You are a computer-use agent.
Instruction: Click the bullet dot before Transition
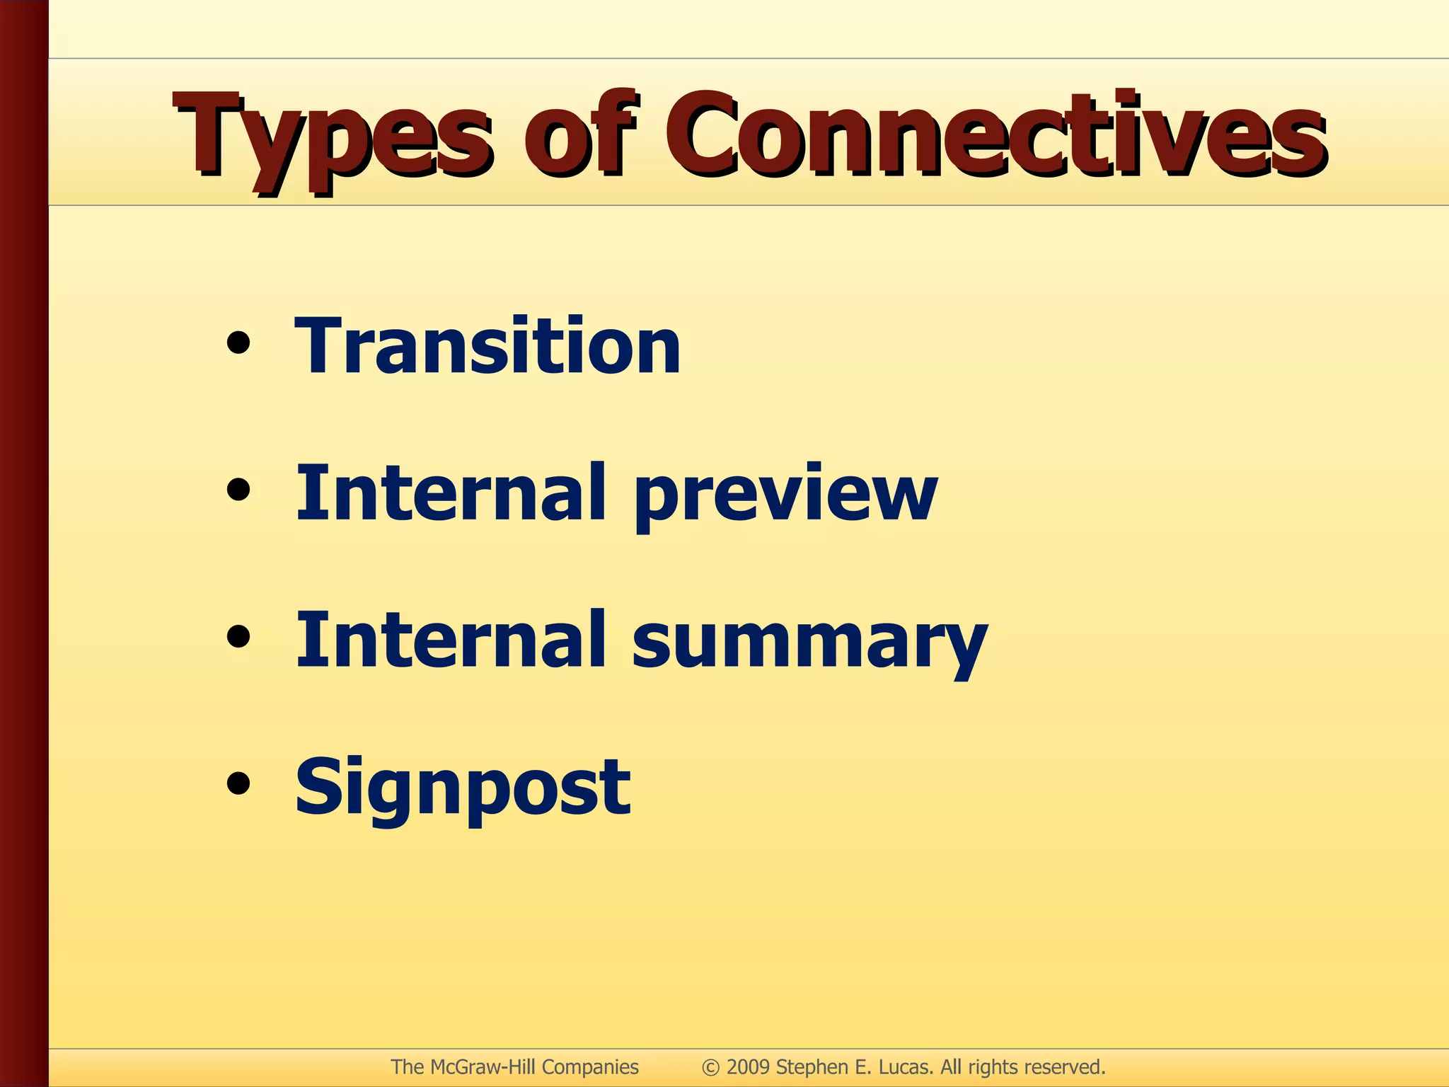(238, 343)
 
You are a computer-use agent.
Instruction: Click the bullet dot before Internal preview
(238, 490)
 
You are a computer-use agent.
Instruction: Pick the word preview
(785, 495)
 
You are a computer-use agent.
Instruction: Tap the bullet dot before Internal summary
(238, 636)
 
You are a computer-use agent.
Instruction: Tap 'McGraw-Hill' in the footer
(483, 1067)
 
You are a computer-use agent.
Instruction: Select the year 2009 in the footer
(748, 1067)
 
